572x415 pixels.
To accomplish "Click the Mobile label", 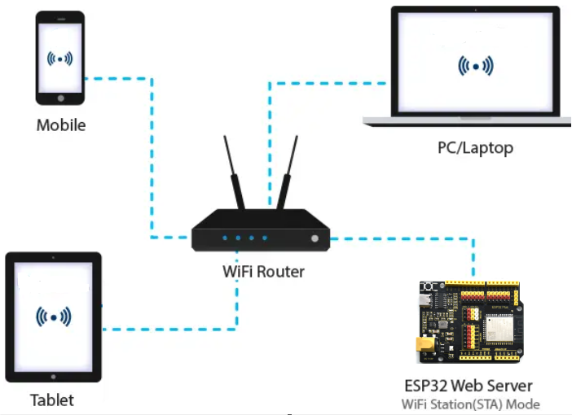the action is click(61, 125).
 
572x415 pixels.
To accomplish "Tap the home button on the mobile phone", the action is click(61, 98).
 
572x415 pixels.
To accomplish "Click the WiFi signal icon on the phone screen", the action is click(59, 59).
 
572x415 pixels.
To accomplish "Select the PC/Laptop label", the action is click(475, 148).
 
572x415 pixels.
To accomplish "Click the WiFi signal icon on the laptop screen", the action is click(476, 66).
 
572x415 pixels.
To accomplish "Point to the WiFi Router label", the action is click(263, 272).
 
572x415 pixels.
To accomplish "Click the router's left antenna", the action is click(234, 173).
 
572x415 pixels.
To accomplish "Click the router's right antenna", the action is click(287, 173).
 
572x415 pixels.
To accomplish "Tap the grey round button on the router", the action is click(315, 238).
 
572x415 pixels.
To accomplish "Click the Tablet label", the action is click(52, 400).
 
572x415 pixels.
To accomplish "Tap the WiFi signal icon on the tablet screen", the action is click(54, 317).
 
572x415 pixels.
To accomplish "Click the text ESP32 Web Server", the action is click(469, 386).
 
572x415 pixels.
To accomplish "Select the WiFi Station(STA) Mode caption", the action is click(471, 404).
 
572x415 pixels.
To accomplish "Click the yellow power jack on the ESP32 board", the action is click(425, 344).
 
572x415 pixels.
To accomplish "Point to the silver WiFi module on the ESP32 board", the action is click(499, 328).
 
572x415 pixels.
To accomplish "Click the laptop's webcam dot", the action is click(475, 10).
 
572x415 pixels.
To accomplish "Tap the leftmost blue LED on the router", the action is click(225, 238).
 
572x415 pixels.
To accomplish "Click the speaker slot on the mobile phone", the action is click(61, 19).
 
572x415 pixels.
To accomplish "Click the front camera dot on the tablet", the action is click(53, 258).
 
